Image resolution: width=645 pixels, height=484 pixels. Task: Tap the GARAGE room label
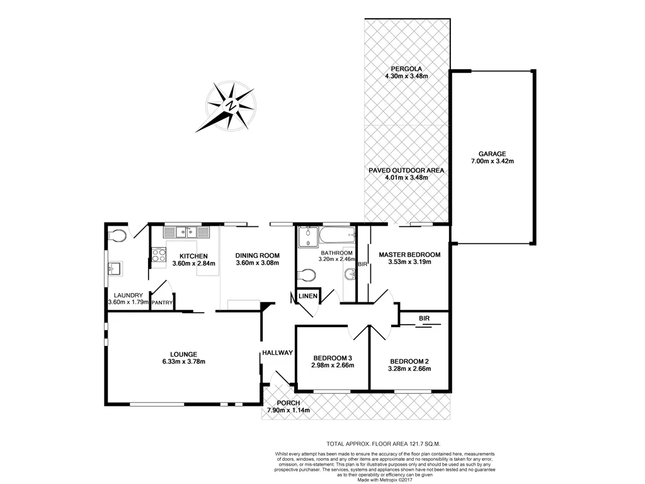tap(492, 153)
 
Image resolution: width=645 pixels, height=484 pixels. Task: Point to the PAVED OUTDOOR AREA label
tap(406, 170)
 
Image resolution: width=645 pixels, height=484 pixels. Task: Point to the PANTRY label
tap(162, 302)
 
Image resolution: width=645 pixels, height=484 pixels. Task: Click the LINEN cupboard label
tap(308, 296)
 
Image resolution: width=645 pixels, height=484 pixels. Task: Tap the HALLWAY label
tap(278, 353)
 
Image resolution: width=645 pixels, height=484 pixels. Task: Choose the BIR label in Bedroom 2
tap(424, 319)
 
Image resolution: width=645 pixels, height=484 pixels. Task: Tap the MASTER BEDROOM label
tap(409, 255)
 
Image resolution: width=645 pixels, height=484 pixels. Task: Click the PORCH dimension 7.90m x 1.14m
tap(288, 410)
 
